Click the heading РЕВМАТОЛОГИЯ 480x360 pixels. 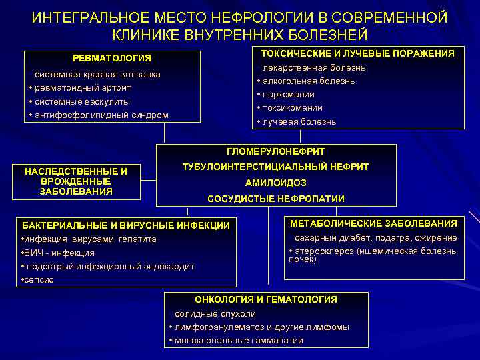(112, 59)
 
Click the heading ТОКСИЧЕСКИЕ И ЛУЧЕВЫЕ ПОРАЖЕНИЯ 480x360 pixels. (357, 53)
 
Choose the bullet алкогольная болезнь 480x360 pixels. (308, 81)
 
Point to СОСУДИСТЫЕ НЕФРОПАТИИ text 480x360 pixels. (276, 199)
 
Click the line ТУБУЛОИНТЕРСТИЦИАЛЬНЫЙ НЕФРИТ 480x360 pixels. (276, 167)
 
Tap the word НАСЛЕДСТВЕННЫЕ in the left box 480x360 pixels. (75, 172)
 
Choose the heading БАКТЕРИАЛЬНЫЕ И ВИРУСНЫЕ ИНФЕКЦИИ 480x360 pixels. (126, 225)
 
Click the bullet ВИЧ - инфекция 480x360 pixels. (59, 253)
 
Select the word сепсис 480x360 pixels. (39, 280)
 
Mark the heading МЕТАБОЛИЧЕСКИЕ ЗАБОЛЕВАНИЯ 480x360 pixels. (373, 223)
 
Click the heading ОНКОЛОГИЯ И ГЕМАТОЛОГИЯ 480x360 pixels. (265, 299)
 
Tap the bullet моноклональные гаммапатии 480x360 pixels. (238, 341)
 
